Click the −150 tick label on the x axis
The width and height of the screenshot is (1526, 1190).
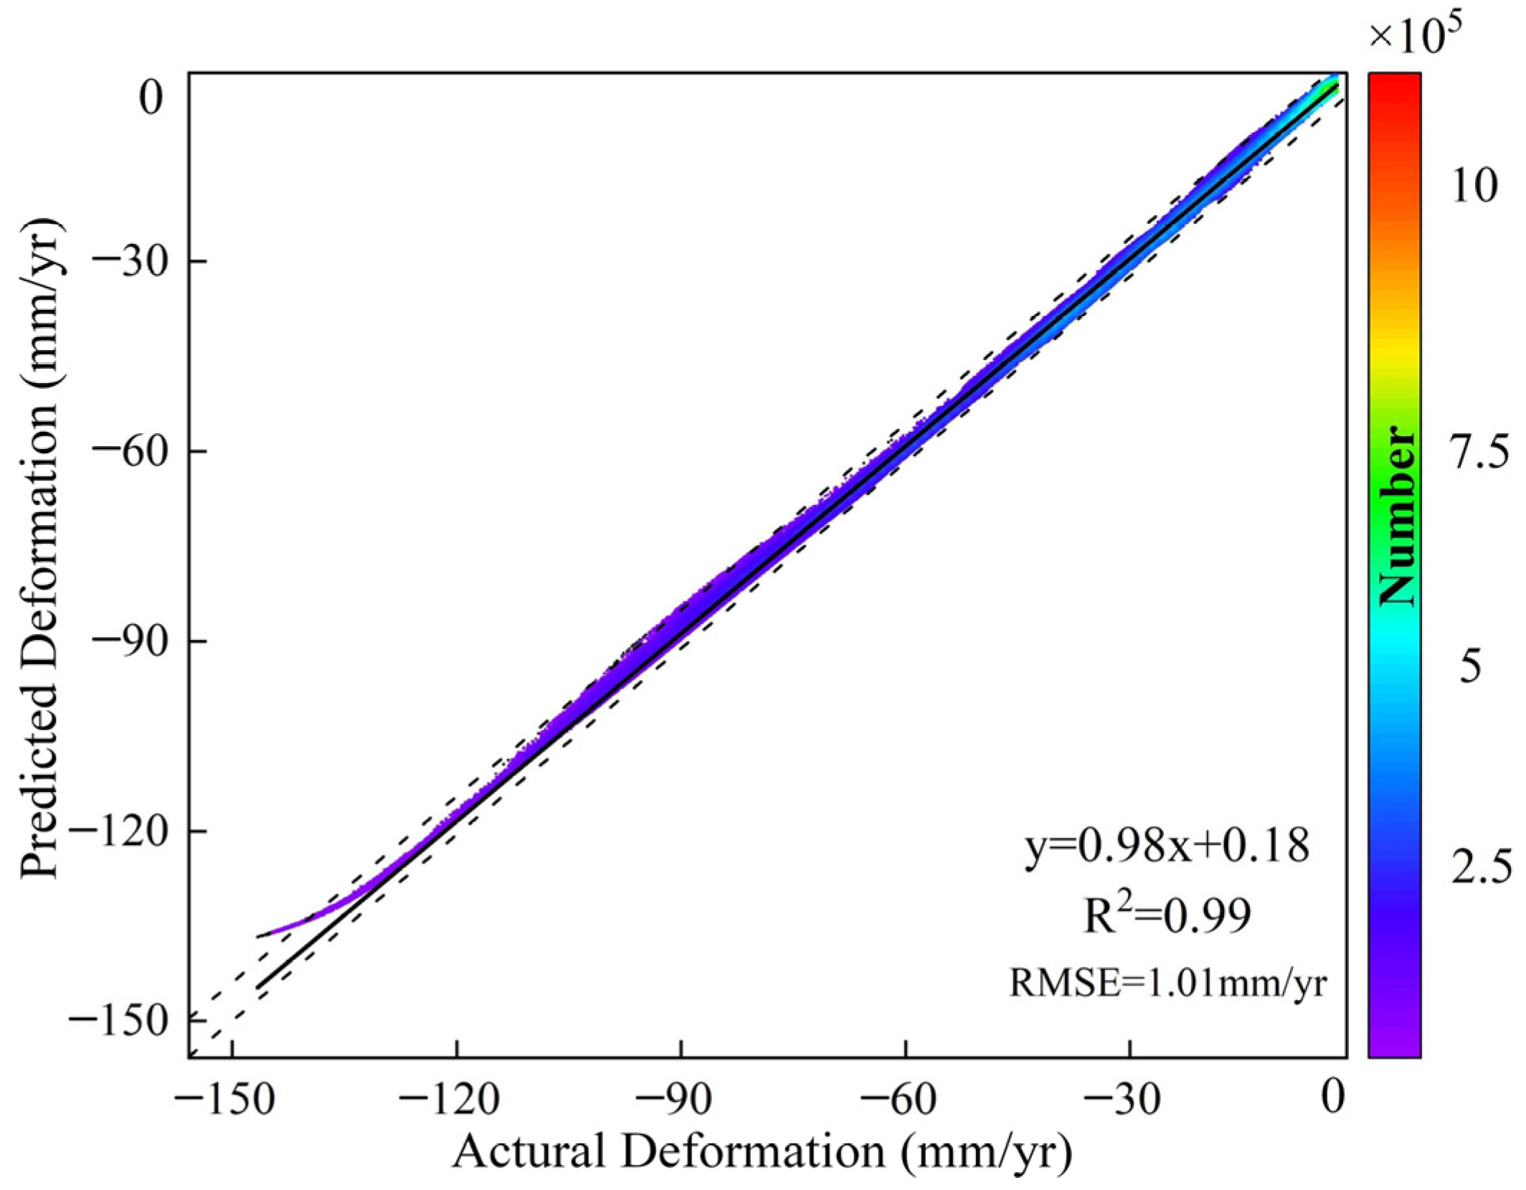(224, 1099)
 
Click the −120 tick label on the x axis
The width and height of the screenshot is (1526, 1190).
(449, 1099)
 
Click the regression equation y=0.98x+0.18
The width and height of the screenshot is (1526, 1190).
(1167, 847)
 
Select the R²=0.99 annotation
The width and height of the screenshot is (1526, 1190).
(1167, 916)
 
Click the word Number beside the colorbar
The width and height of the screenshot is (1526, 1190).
(1397, 515)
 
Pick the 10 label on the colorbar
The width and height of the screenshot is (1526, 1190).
(1474, 186)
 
